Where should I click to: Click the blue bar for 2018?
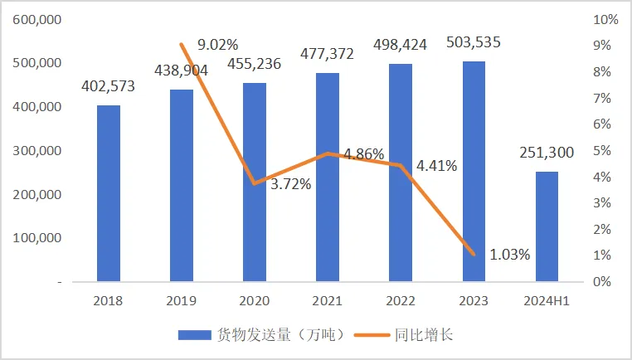click(108, 193)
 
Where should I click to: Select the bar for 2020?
click(255, 182)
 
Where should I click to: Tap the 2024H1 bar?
click(547, 226)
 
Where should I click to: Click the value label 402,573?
click(109, 85)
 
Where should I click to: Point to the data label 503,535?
click(474, 41)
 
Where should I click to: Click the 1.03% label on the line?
click(509, 253)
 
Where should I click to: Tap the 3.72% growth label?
click(291, 184)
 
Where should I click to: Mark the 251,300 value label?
click(547, 152)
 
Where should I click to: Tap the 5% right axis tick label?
click(604, 151)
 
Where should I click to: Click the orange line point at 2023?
click(474, 254)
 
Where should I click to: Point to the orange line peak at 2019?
click(182, 44)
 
